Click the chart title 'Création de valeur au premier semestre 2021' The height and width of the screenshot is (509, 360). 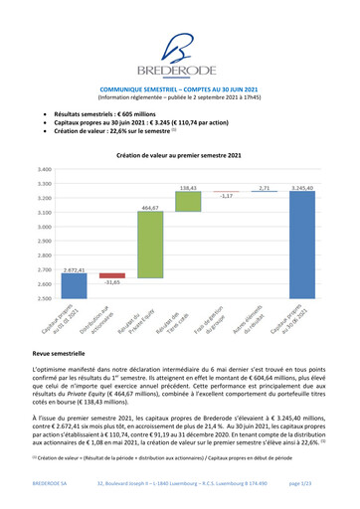(x=179, y=156)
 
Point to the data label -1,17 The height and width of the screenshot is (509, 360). (x=226, y=197)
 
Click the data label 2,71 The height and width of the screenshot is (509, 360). (x=264, y=187)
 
